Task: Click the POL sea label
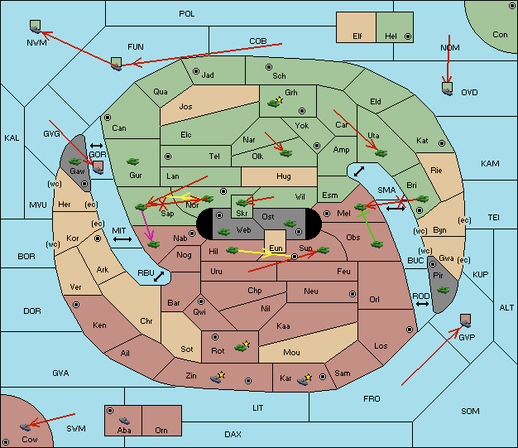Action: (x=187, y=14)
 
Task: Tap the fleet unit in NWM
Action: (x=35, y=26)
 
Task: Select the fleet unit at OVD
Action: (x=448, y=89)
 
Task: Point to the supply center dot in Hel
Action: (x=408, y=36)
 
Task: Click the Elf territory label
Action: (x=357, y=36)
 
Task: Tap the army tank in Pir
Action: (x=443, y=290)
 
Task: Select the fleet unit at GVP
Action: (x=466, y=320)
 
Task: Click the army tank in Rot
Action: (x=242, y=346)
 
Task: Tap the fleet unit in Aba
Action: (x=124, y=421)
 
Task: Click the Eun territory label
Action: (x=276, y=248)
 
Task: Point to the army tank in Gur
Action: (x=132, y=161)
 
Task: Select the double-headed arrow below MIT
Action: (x=122, y=239)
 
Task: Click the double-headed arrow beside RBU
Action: (x=159, y=277)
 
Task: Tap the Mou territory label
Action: (x=291, y=353)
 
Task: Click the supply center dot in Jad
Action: (x=196, y=71)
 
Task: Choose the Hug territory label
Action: (x=284, y=176)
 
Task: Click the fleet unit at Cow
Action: (x=25, y=426)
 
